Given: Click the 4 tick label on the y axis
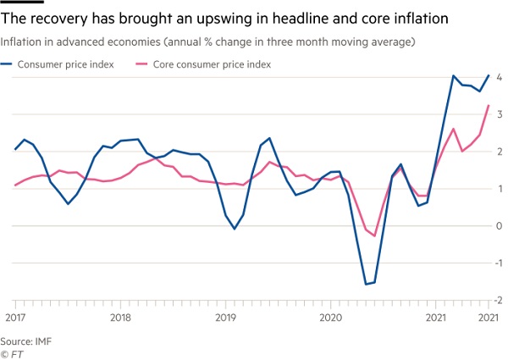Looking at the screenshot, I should point(500,77).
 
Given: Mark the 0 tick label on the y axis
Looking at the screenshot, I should point(500,226).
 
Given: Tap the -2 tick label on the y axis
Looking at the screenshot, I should point(498,301).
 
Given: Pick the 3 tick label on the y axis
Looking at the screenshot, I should point(500,114).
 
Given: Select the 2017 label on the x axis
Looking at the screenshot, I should point(14,318).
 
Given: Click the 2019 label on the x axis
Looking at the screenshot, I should point(224,318).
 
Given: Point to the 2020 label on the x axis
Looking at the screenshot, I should point(330,318).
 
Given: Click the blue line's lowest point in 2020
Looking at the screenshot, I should point(366,285).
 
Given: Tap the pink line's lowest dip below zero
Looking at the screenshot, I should point(374,235).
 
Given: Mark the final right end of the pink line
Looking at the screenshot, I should point(489,105).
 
